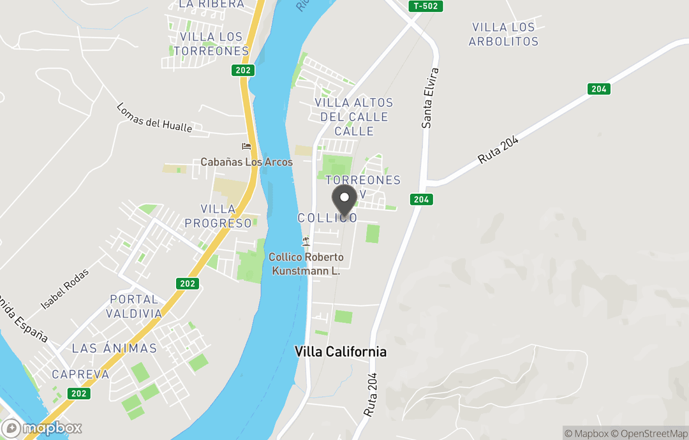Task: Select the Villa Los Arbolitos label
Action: pos(503,34)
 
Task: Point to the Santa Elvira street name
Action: pos(431,98)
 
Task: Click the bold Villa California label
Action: pos(340,352)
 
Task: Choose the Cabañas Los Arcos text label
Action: pos(246,162)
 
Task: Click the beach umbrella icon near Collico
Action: pos(306,241)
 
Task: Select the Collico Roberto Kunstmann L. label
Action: pos(306,264)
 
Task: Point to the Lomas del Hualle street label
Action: pos(154,118)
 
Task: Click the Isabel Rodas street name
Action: pos(65,290)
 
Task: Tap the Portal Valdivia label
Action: pos(134,306)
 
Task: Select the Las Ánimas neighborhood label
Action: pos(114,348)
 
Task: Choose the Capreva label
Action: pos(80,374)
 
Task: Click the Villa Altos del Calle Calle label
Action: pos(354,117)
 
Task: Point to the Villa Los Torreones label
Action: pos(211,44)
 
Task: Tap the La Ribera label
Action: pos(211,4)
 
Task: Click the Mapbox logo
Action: pos(42,428)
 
